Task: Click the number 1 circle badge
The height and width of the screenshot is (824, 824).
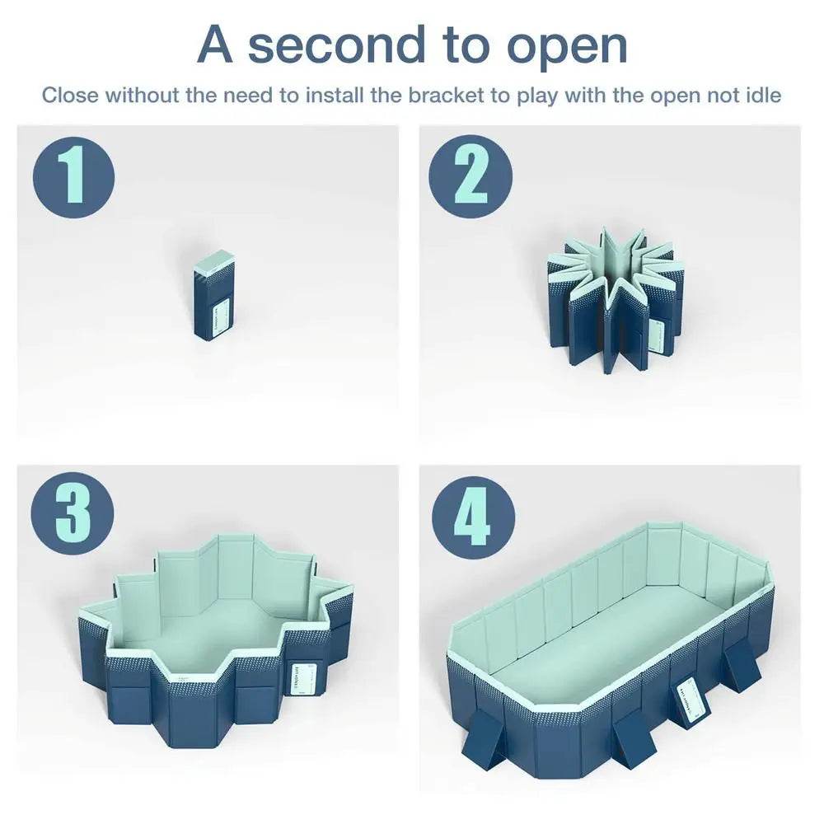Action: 73,176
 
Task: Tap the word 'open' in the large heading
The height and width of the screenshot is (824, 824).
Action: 567,46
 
